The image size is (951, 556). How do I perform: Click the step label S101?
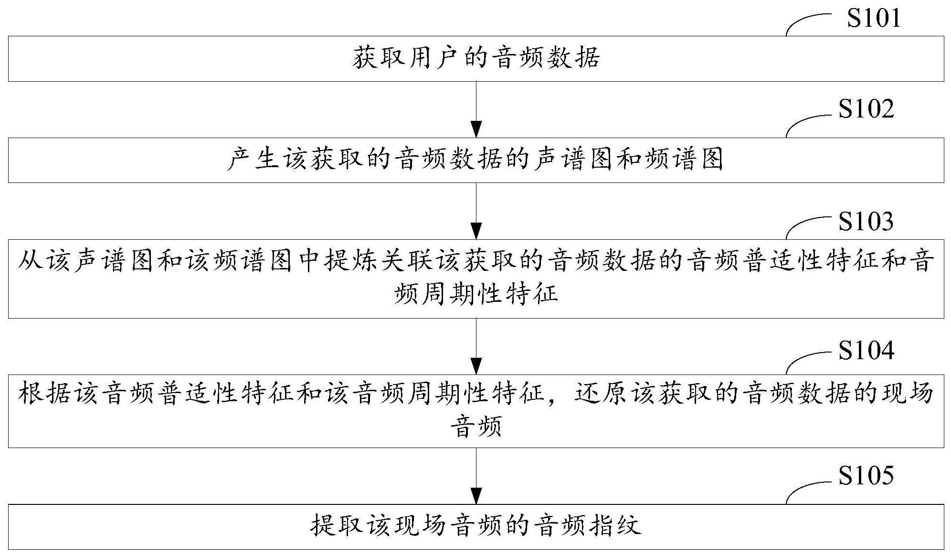(x=874, y=18)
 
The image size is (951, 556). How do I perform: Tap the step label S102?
(x=866, y=109)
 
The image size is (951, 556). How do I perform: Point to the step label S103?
(x=866, y=221)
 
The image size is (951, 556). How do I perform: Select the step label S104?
(x=866, y=350)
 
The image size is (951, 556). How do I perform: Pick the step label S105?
(x=866, y=476)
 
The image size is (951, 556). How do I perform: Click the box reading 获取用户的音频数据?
(x=476, y=58)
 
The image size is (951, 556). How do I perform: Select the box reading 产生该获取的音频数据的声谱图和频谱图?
(x=476, y=160)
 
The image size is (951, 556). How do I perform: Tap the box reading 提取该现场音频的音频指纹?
(x=476, y=526)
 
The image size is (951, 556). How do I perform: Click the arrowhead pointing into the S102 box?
(x=476, y=129)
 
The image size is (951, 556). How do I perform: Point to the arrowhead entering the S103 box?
(x=476, y=231)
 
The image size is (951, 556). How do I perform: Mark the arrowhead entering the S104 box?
(x=476, y=366)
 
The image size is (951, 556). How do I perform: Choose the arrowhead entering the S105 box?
(x=476, y=496)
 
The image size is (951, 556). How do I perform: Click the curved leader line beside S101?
(x=807, y=20)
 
